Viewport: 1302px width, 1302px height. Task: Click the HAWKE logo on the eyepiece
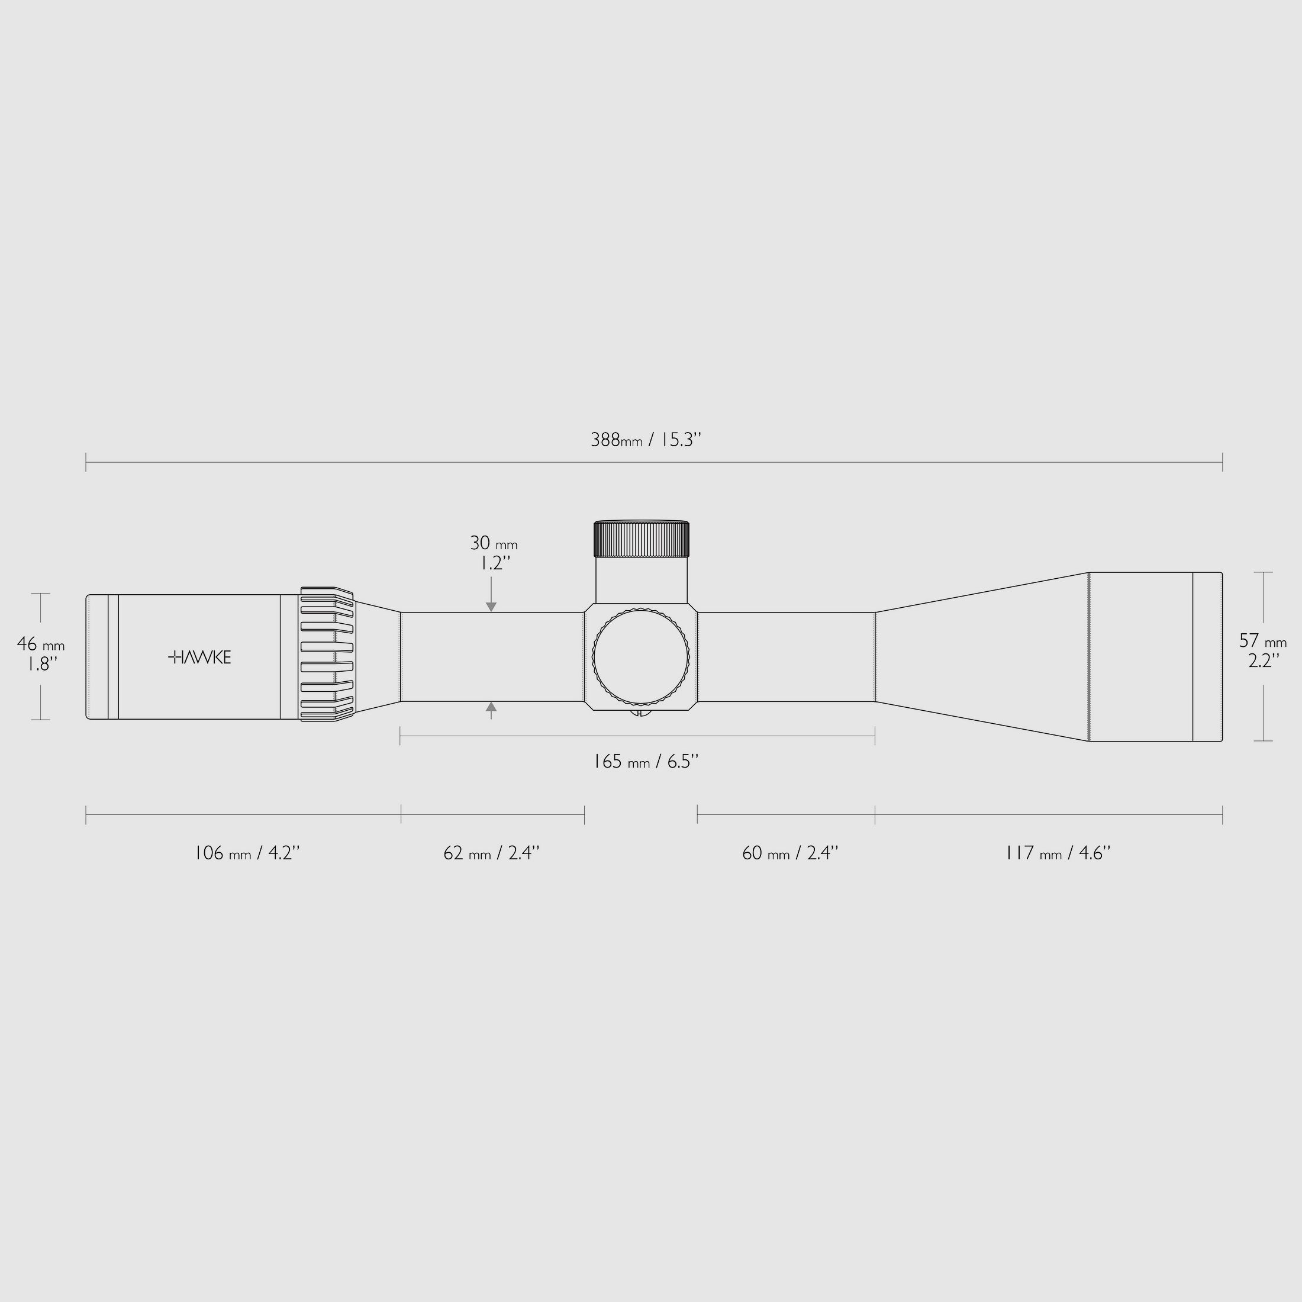coord(199,657)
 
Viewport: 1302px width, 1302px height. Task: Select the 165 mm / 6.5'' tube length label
coord(646,762)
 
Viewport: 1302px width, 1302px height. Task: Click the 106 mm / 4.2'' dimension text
coord(247,853)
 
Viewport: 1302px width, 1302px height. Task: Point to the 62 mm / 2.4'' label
coord(492,853)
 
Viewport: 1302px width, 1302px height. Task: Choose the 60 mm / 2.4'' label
coord(790,853)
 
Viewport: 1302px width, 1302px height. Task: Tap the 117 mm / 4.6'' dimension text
coord(1058,853)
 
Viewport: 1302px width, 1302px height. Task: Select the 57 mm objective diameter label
coord(1263,641)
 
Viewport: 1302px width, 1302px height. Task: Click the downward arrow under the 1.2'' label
coord(491,606)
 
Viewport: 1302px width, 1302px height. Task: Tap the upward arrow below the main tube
coord(491,707)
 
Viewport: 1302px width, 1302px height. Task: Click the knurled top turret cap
coord(641,539)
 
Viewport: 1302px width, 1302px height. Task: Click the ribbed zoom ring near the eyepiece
coord(327,655)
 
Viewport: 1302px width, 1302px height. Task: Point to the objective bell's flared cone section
coord(981,656)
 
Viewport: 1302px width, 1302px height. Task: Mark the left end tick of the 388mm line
coord(86,462)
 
